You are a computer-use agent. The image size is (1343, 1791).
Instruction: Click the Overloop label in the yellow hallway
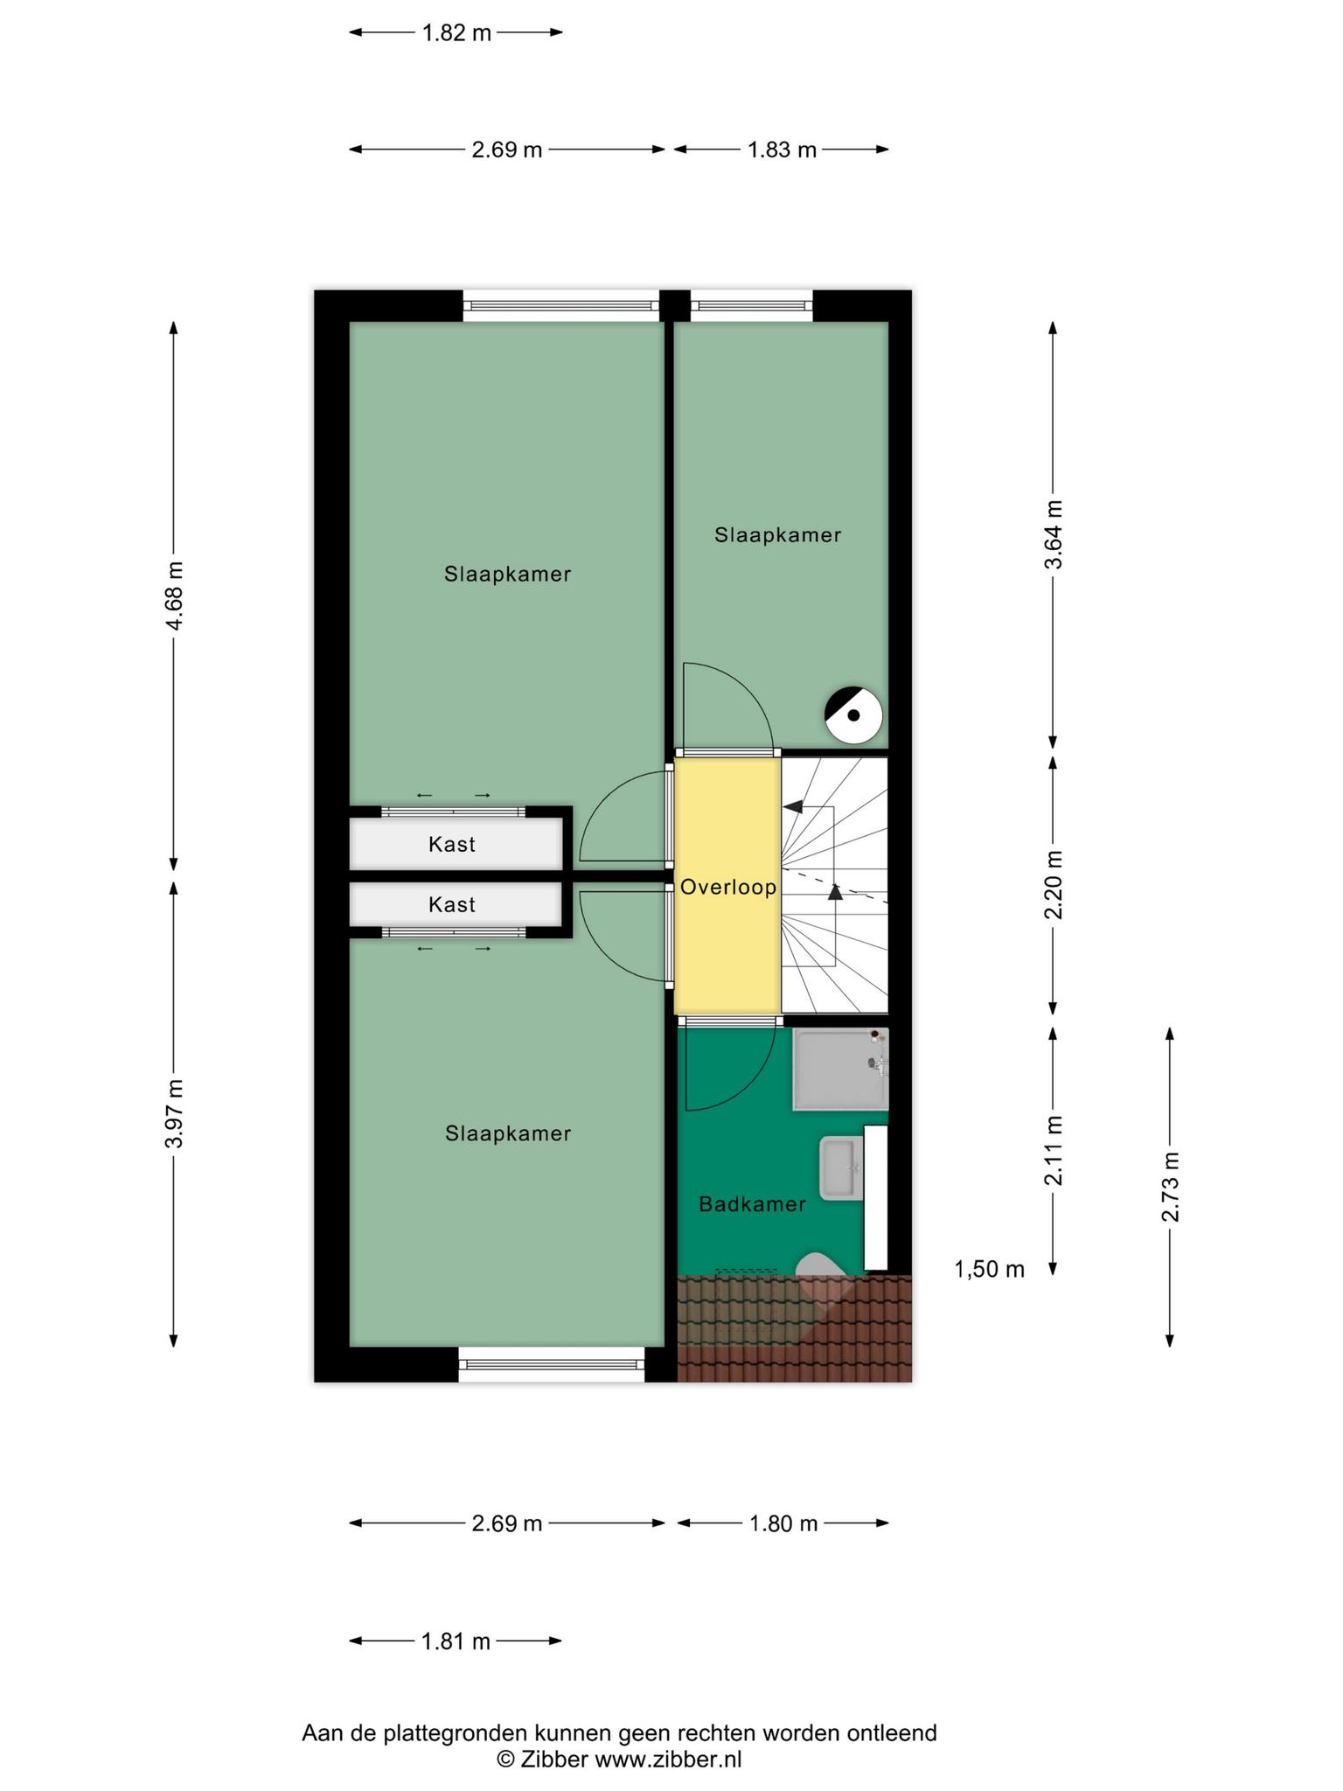pos(728,888)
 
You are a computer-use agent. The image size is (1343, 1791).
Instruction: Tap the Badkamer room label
pos(752,1204)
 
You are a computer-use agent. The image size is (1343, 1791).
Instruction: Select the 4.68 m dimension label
pos(175,596)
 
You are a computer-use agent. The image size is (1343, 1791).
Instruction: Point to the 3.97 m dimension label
pos(175,1113)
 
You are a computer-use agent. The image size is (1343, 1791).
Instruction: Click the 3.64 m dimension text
pos(1054,534)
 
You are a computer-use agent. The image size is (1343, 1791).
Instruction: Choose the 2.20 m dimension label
pos(1054,884)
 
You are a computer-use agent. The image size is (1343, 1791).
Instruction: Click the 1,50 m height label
pos(989,1270)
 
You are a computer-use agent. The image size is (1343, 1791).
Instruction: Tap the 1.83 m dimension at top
pos(782,150)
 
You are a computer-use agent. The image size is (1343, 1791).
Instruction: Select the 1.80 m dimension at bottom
pos(783,1523)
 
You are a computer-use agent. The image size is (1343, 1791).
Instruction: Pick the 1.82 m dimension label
pos(456,33)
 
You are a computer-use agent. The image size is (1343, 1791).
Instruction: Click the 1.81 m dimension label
pos(456,1641)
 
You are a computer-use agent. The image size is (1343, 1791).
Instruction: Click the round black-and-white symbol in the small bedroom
pos(853,715)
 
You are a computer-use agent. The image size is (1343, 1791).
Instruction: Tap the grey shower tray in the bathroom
pos(840,1069)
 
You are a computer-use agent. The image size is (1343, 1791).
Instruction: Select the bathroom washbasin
pos(842,1169)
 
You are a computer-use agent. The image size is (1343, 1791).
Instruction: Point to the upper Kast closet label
pos(452,845)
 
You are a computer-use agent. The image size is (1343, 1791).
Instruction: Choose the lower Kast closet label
pos(452,904)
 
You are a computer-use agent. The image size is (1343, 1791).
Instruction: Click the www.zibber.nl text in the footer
pos(668,1760)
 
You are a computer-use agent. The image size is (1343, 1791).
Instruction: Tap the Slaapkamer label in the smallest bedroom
pos(777,534)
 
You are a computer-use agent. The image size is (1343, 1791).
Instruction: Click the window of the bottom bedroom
pos(552,1364)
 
